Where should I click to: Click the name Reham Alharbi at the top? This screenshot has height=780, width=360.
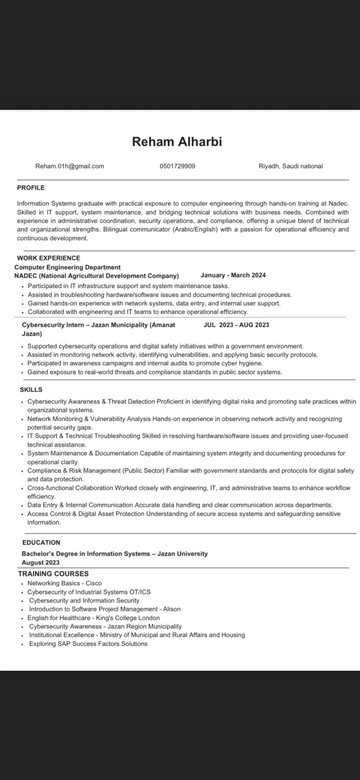pyautogui.click(x=177, y=142)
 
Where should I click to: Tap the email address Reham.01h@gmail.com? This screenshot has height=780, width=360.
pyautogui.click(x=70, y=166)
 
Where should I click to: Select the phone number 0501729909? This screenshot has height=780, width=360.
pyautogui.click(x=177, y=166)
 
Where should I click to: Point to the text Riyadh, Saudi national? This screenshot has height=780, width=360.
pyautogui.click(x=290, y=166)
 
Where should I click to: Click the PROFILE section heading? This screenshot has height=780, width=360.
pyautogui.click(x=31, y=188)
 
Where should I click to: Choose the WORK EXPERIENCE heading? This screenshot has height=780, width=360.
pyautogui.click(x=49, y=258)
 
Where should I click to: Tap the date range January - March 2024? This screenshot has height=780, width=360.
pyautogui.click(x=233, y=275)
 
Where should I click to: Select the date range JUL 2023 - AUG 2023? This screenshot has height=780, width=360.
pyautogui.click(x=236, y=325)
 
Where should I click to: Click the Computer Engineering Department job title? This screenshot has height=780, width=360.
pyautogui.click(x=67, y=267)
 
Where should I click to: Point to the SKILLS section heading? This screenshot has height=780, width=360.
pyautogui.click(x=31, y=390)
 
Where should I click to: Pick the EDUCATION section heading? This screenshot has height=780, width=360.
pyautogui.click(x=41, y=542)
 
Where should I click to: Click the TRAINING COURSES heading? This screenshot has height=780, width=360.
pyautogui.click(x=53, y=574)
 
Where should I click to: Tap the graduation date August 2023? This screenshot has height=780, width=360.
pyautogui.click(x=40, y=563)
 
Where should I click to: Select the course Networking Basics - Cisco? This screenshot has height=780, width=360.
pyautogui.click(x=64, y=583)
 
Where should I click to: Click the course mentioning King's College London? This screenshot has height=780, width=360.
pyautogui.click(x=94, y=618)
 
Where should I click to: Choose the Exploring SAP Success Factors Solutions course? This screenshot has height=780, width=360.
pyautogui.click(x=88, y=644)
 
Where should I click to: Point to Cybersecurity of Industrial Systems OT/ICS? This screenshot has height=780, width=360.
pyautogui.click(x=89, y=592)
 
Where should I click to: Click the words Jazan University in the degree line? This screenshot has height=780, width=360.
pyautogui.click(x=182, y=554)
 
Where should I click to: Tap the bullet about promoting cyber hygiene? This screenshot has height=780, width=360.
pyautogui.click(x=145, y=363)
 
